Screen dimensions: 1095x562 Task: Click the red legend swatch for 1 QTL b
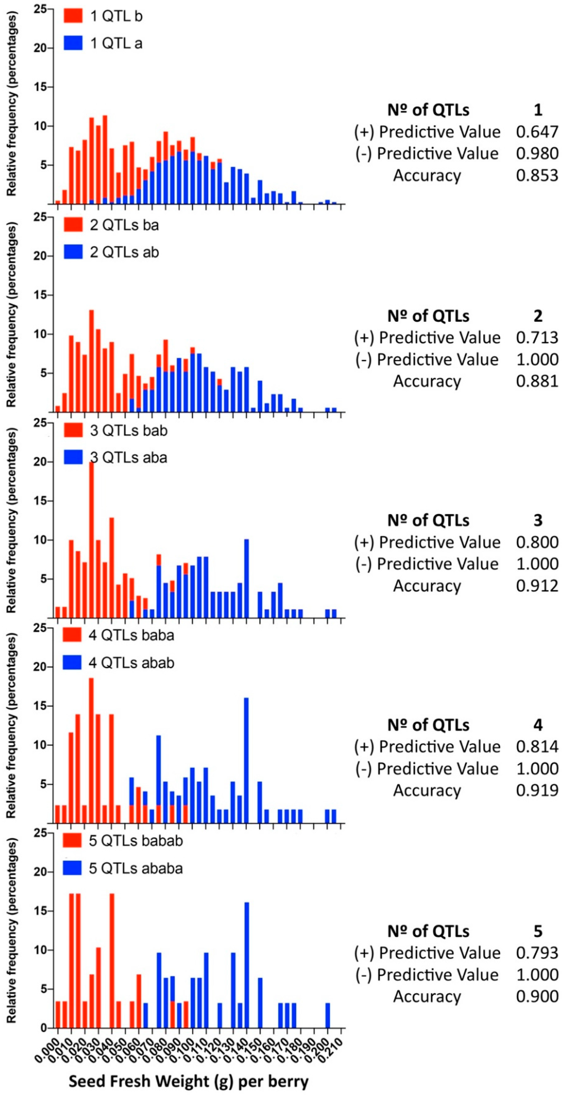pos(73,16)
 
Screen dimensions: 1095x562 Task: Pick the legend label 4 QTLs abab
pos(131,663)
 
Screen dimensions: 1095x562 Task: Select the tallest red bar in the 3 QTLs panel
pos(91,540)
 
